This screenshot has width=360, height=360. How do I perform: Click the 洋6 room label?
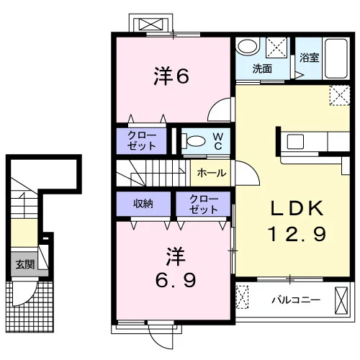pos(171,76)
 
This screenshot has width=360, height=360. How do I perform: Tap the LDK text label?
pos(297,208)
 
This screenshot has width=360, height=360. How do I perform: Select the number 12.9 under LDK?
pos(297,234)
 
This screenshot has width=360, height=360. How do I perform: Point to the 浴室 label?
pos(309,58)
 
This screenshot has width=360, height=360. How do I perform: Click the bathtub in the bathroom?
pos(336,58)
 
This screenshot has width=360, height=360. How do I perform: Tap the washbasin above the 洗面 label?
pos(247,46)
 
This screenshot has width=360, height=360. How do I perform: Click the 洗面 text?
pos(262,69)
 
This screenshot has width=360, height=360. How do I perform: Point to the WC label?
pos(218,142)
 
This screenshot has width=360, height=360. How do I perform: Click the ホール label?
pos(212,173)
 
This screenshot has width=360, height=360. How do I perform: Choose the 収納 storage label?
pos(143,204)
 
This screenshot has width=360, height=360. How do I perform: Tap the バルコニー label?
pos(296,300)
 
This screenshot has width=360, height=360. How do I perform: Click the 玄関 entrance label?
pos(25,264)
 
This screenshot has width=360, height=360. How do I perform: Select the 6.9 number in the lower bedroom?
pos(176,280)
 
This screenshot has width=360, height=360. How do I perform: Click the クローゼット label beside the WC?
pos(142,141)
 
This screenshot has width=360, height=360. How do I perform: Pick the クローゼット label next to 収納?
pos(204,204)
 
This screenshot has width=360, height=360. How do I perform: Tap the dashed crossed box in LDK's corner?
pos(340,95)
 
